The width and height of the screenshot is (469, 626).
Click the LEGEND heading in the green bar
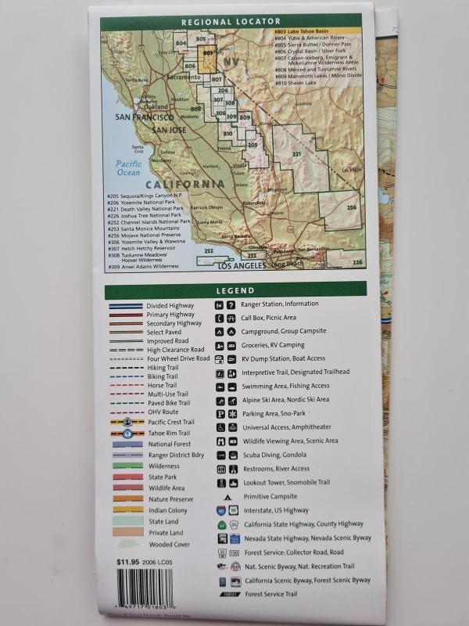[x=235, y=290]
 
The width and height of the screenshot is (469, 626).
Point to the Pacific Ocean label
[x=129, y=168]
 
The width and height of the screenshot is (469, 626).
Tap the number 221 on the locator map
[x=296, y=154]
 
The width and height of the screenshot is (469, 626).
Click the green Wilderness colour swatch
[x=127, y=466]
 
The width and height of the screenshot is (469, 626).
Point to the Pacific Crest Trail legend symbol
[x=127, y=422]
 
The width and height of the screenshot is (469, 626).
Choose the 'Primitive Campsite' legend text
[x=269, y=495]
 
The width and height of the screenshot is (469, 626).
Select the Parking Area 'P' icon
[x=220, y=413]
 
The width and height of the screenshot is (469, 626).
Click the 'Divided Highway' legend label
[x=170, y=305]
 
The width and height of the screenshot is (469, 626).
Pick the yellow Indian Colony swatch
[x=127, y=510]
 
